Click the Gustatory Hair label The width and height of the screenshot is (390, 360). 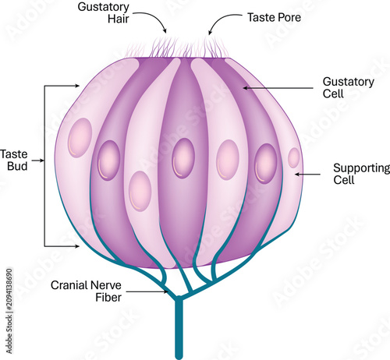[103, 12]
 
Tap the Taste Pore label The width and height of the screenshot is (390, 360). [274, 17]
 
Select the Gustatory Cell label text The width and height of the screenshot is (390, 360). [349, 87]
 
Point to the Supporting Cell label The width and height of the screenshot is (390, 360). [361, 174]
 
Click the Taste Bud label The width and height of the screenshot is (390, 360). [14, 160]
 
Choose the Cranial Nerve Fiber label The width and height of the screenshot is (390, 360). [86, 291]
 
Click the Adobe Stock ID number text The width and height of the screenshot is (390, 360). [9, 311]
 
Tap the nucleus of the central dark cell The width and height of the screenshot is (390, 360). [183, 158]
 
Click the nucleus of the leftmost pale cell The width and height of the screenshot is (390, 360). [80, 138]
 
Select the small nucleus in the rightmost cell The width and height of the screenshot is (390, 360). [294, 157]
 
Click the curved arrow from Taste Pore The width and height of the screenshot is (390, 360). [222, 20]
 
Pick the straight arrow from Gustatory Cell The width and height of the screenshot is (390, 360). [278, 88]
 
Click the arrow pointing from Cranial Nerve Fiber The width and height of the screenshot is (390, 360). [147, 291]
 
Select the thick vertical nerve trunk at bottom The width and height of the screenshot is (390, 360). [179, 328]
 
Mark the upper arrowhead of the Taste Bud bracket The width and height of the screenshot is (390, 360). [77, 86]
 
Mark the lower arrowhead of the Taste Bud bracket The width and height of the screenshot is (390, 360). [77, 246]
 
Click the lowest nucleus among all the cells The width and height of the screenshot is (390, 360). [140, 191]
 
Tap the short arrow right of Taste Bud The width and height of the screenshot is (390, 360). [38, 161]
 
